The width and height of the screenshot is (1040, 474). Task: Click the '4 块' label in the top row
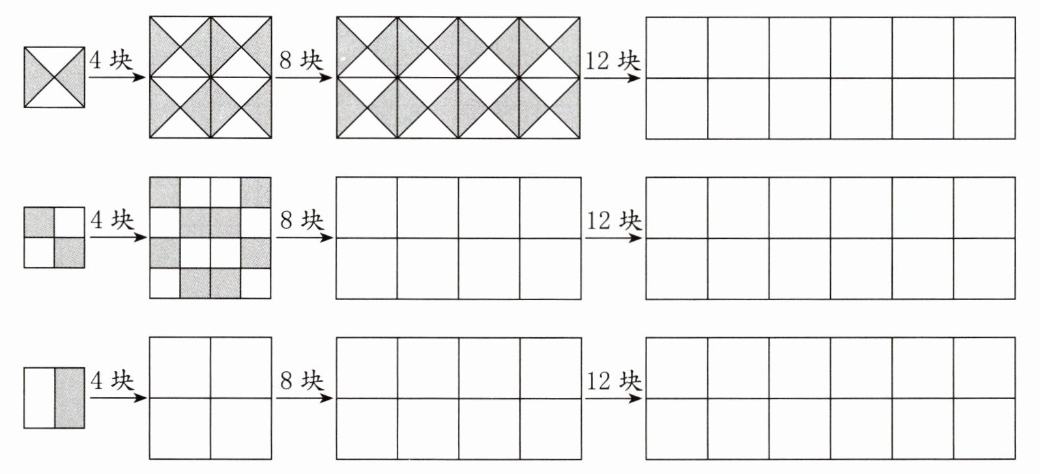click(111, 61)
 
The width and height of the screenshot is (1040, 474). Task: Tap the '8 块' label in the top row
click(301, 61)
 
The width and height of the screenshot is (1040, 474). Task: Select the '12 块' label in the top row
click(613, 61)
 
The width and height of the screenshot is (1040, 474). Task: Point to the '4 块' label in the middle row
click(112, 221)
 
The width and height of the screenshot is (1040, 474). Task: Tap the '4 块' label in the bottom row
click(112, 380)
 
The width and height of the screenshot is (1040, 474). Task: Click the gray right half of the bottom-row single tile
click(70, 398)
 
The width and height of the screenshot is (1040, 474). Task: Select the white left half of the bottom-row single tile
click(40, 398)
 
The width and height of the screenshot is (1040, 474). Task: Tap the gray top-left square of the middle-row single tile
click(39, 223)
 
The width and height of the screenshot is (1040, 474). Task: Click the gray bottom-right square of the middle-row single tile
click(70, 253)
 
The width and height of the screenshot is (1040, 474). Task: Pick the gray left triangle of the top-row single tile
click(36, 77)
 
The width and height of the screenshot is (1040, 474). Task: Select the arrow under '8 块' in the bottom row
click(304, 397)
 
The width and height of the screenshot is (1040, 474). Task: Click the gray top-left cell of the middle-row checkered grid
click(165, 193)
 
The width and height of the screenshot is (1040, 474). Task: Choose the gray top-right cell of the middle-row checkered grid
click(255, 193)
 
